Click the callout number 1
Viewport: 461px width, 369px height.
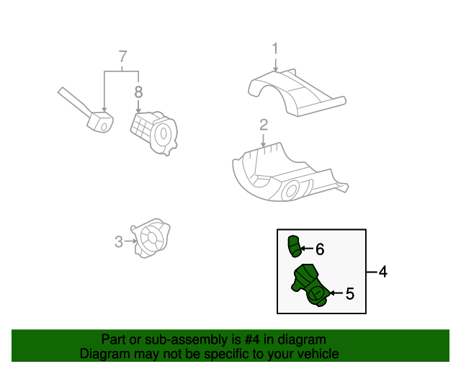tap(274, 49)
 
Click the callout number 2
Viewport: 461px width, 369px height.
tap(264, 124)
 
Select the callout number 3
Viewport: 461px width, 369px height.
tap(119, 242)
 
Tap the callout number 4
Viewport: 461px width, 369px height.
tap(382, 272)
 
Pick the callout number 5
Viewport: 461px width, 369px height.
tap(349, 293)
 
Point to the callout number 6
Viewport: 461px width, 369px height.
tap(320, 249)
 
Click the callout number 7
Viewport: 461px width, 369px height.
tap(122, 56)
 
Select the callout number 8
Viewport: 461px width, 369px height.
tap(138, 92)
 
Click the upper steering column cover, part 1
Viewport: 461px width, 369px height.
tap(295, 90)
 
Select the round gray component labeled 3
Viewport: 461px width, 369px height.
tap(152, 238)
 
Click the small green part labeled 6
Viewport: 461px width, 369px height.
tap(293, 245)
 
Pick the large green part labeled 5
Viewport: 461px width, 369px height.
tap(310, 286)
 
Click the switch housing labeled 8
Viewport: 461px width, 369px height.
tap(153, 131)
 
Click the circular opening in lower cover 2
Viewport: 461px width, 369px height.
tap(292, 190)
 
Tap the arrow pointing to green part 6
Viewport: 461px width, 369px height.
tap(305, 249)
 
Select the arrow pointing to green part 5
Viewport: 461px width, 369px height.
tap(334, 293)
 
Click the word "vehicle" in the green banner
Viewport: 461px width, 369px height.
tap(318, 354)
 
